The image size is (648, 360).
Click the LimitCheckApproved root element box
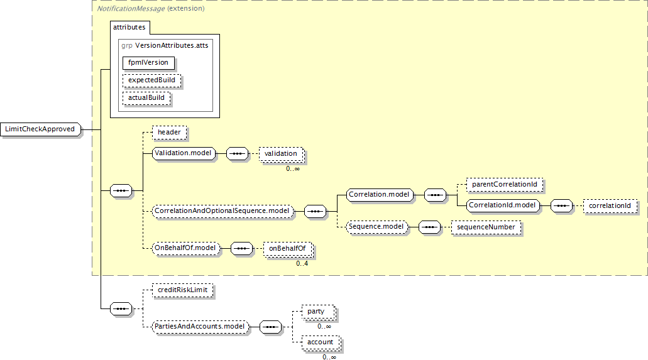[40, 129]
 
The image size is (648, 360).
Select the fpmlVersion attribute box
[148, 63]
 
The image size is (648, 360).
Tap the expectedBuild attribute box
[151, 80]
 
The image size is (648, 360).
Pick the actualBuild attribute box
[146, 98]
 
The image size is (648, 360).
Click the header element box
[169, 133]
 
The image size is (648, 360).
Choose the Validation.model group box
[184, 153]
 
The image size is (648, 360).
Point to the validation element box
[281, 154]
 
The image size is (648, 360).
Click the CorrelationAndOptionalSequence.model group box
[222, 211]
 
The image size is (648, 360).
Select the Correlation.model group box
[380, 195]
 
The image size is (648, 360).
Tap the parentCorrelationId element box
[505, 185]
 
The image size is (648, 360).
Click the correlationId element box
[610, 206]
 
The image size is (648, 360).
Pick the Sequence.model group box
[376, 227]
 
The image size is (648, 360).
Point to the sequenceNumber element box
[486, 227]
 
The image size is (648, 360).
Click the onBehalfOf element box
[288, 249]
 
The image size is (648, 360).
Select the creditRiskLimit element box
[183, 290]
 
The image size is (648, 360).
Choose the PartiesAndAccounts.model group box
[200, 327]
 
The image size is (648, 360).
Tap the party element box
[317, 312]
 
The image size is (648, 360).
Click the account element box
[321, 342]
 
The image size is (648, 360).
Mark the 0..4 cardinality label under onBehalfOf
[302, 264]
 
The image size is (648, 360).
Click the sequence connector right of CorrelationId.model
[561, 206]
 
